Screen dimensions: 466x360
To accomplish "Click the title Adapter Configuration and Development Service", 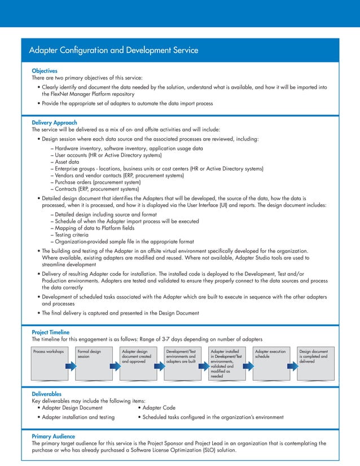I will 113,51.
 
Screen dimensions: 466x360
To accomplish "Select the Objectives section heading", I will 45,71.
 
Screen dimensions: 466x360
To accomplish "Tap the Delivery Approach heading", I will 55,122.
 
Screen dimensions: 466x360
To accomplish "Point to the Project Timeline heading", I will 54,332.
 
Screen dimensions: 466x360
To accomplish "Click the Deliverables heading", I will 47,393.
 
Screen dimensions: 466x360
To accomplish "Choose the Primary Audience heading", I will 53,437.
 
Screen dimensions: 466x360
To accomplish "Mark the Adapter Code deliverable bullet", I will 159,407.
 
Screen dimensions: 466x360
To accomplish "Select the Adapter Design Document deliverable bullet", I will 71,407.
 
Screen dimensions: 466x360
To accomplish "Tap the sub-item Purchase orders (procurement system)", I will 97,183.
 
